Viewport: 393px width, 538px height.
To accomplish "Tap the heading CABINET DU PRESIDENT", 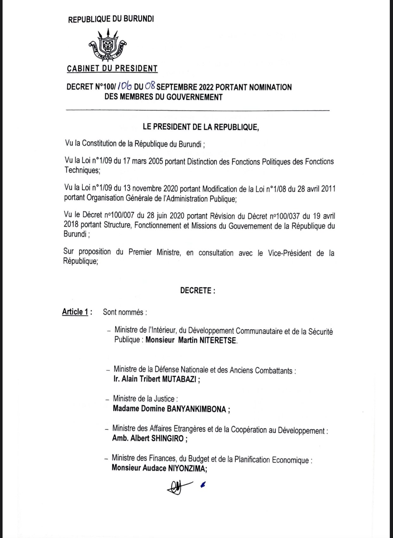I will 112,68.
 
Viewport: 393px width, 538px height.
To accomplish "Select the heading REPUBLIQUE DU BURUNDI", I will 111,19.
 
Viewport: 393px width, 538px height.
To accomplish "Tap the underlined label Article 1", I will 75,312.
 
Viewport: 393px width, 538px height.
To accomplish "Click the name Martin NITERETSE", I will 208,341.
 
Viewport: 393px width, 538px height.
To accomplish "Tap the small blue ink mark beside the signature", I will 203,484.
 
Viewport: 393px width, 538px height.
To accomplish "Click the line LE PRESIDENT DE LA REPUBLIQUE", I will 201,127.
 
